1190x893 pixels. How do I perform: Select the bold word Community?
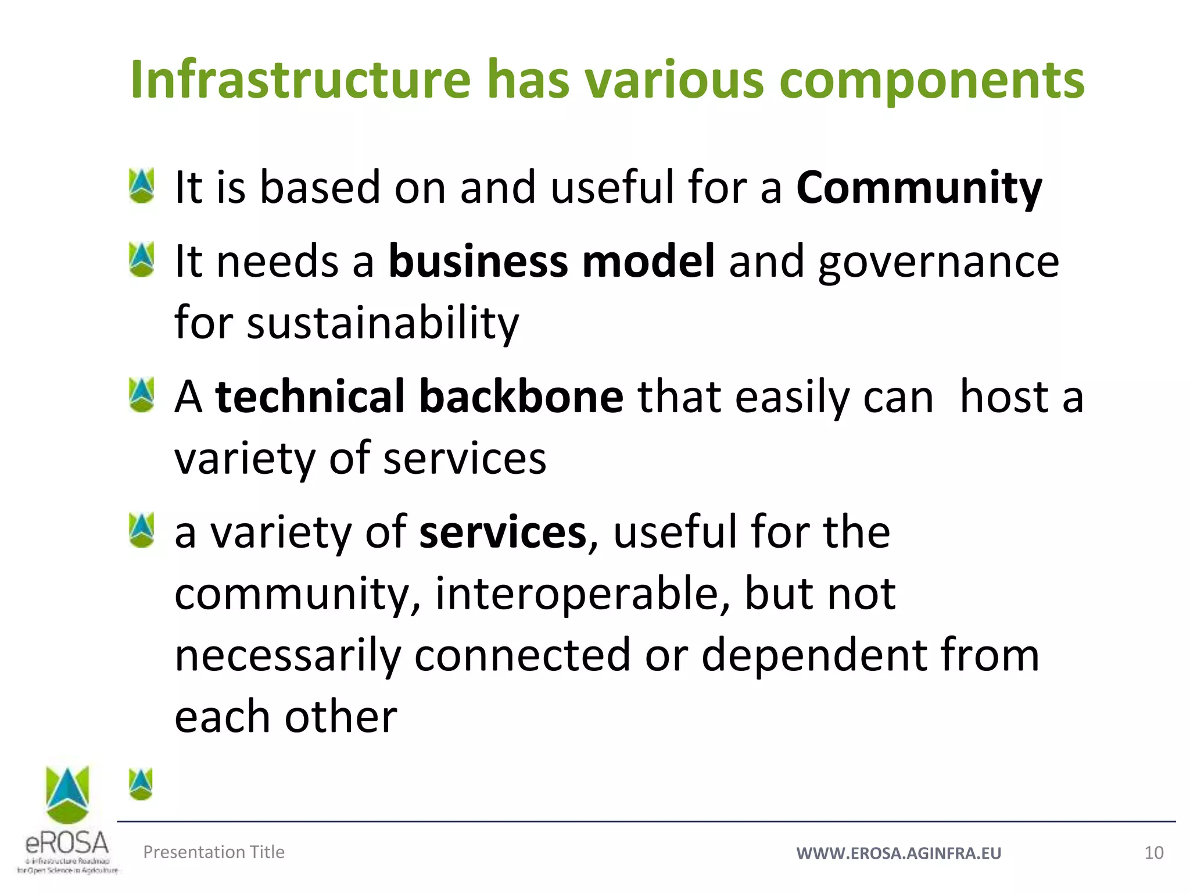pyautogui.click(x=919, y=188)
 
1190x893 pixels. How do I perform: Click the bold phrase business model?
pyautogui.click(x=551, y=262)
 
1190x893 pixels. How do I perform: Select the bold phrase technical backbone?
pyautogui.click(x=419, y=397)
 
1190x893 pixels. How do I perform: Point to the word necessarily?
pyautogui.click(x=288, y=655)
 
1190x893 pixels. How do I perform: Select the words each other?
pyautogui.click(x=286, y=717)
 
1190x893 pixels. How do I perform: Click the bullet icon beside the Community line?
pyautogui.click(x=142, y=185)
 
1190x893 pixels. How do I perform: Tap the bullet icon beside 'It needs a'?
pyautogui.click(x=142, y=259)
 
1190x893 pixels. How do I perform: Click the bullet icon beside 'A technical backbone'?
pyautogui.click(x=142, y=395)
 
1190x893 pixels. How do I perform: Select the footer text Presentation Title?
pyautogui.click(x=214, y=852)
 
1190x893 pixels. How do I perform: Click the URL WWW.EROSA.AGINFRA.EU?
pyautogui.click(x=898, y=853)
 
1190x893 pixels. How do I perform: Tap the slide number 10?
pyautogui.click(x=1153, y=853)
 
